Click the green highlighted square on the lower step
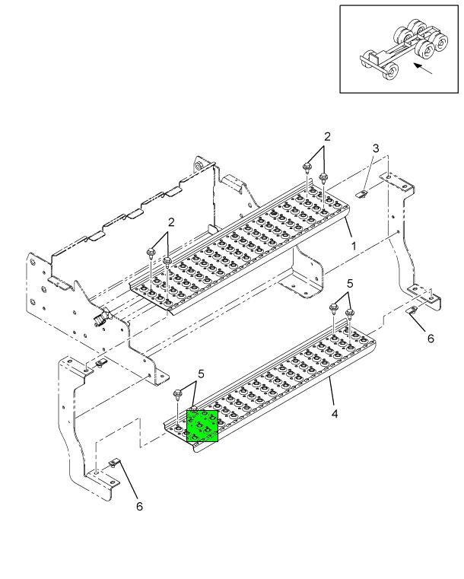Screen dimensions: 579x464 (202, 426)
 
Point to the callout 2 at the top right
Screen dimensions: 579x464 (327, 137)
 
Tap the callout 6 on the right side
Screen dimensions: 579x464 (431, 339)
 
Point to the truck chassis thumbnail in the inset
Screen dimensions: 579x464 (399, 49)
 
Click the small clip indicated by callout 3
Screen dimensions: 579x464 (364, 194)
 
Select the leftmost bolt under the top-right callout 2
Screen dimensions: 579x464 (307, 167)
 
